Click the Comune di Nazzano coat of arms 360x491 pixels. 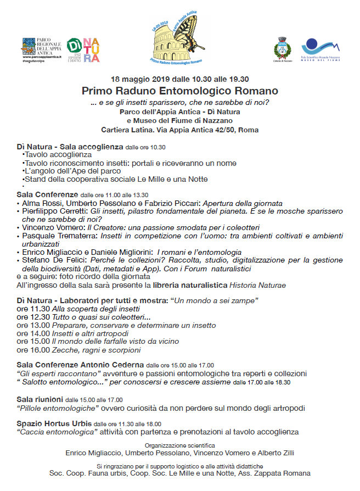(283, 49)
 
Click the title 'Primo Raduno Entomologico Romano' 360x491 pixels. (179, 91)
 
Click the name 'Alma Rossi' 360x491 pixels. (40, 203)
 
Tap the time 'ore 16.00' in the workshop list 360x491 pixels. (33, 350)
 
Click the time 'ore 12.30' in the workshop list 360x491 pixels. (33, 317)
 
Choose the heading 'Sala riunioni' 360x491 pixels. (40, 399)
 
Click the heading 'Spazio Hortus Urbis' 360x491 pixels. (54, 423)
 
